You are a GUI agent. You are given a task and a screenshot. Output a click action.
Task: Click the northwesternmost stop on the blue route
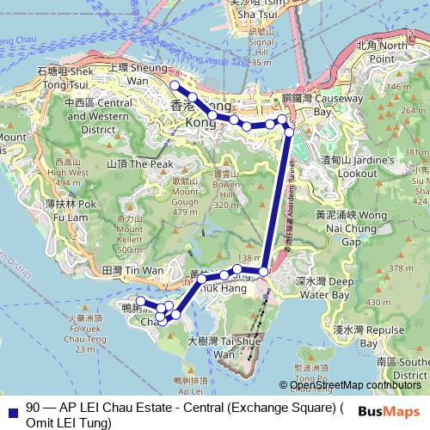(174, 85)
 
